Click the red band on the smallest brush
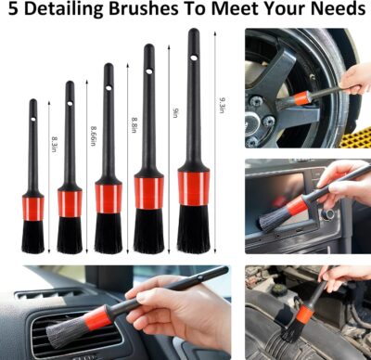point(33,208)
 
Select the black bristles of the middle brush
point(108,232)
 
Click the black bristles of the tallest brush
point(193,229)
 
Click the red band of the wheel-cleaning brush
point(301,96)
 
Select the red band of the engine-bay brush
point(303,315)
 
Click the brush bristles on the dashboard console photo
point(273,219)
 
